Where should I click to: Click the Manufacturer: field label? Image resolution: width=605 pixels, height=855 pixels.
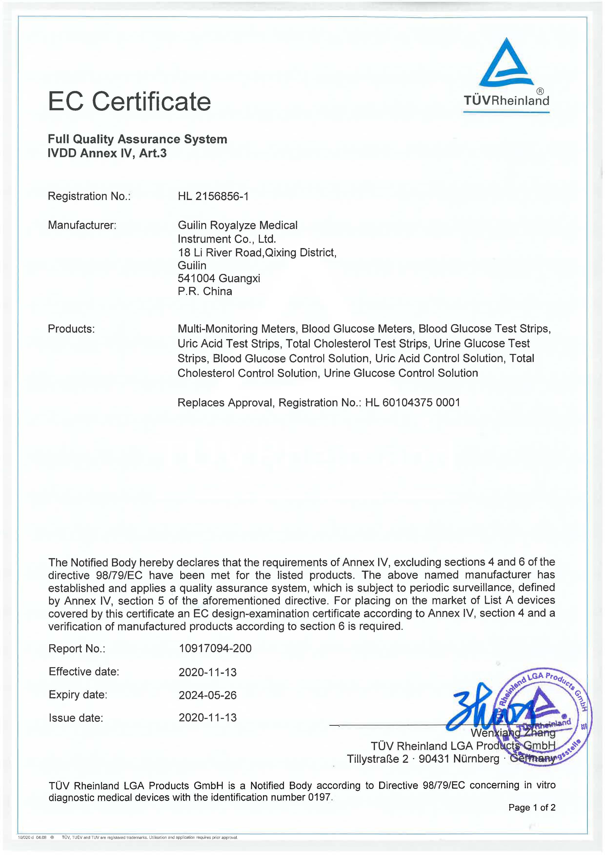82,225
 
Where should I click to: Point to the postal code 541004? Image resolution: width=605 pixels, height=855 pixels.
196,278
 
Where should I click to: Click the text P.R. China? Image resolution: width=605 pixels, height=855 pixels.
205,291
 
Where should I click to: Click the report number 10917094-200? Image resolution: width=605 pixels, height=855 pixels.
215,648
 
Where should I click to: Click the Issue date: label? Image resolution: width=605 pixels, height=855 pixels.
76,718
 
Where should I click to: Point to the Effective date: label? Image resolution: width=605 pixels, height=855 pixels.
84,672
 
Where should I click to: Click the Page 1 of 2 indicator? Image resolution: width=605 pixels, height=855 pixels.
532,807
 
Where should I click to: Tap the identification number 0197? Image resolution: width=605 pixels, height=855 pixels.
319,797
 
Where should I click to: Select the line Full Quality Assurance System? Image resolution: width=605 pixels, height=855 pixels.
137,139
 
